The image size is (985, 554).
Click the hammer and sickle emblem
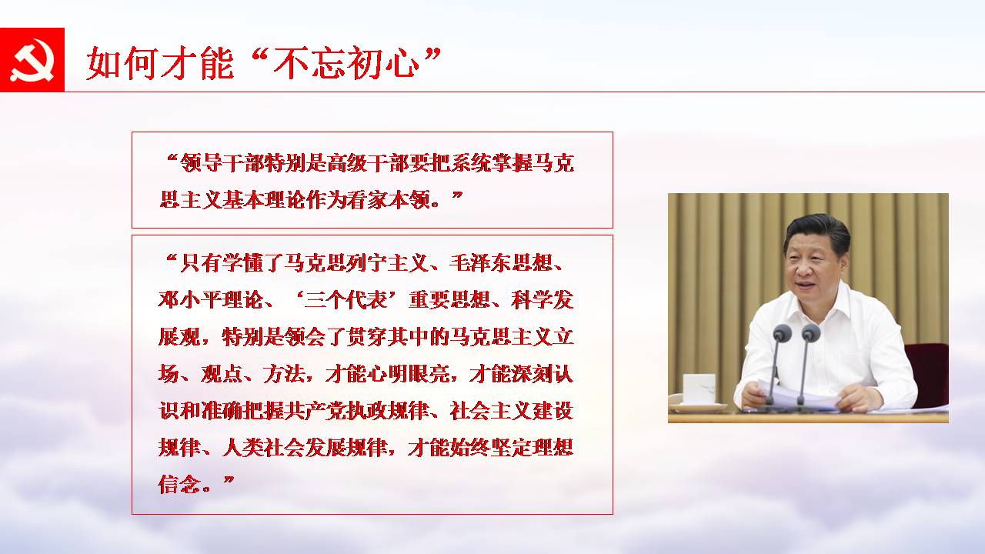point(32,60)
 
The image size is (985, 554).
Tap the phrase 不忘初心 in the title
point(346,64)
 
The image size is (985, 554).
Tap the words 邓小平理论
point(210,300)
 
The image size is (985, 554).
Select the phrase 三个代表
point(345,300)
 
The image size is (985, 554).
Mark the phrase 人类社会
point(263,448)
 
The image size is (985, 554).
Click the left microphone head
point(783,333)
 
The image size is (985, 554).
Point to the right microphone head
point(810,332)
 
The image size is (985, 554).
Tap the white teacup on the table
point(699,389)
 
